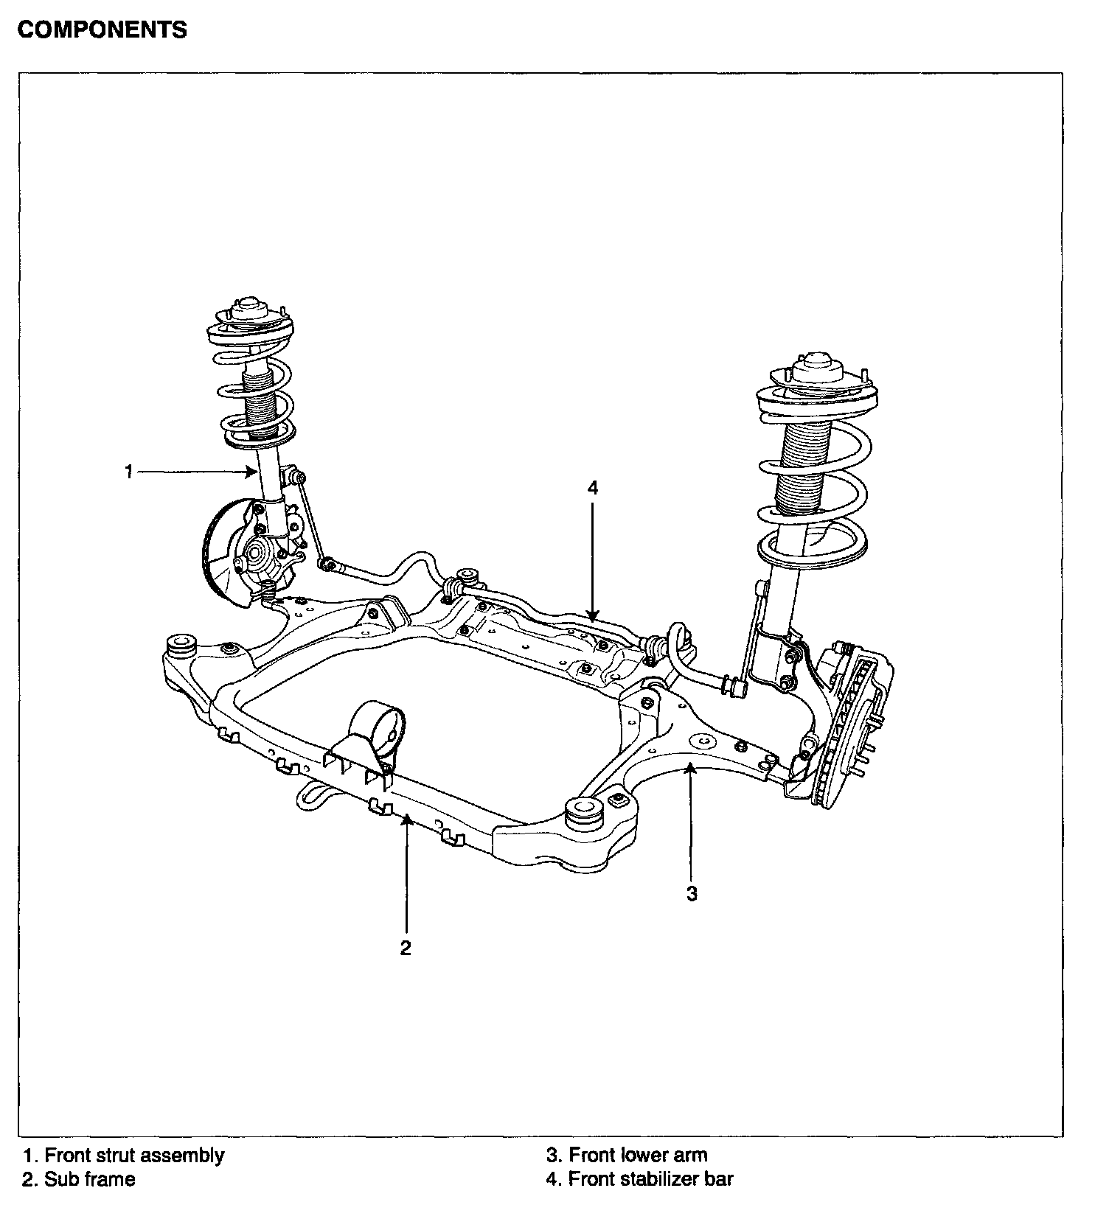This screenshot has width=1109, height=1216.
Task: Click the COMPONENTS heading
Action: tap(102, 30)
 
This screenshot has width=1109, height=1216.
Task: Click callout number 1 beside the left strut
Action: tap(129, 472)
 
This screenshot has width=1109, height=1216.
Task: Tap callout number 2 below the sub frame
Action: tap(406, 948)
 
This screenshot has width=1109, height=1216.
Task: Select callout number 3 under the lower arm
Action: tap(691, 893)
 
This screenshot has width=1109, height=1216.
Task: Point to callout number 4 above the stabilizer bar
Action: tap(593, 488)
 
